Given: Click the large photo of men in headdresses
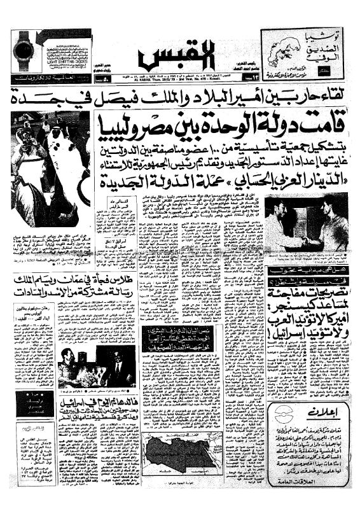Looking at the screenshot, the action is pyautogui.click(x=48, y=169).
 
